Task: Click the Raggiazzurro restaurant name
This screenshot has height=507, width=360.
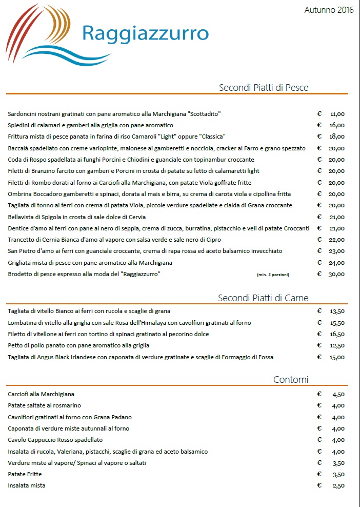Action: (x=145, y=33)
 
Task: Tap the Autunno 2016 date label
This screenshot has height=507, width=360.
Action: (x=329, y=10)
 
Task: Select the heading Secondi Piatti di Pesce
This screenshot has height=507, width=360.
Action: (x=264, y=88)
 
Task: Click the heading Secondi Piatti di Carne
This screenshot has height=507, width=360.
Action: (x=263, y=298)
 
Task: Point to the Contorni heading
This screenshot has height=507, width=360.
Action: (x=291, y=380)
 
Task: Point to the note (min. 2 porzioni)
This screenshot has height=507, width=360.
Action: (x=273, y=275)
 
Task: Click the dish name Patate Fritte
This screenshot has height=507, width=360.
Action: (x=25, y=474)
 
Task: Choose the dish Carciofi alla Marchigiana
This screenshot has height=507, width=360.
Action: (x=42, y=394)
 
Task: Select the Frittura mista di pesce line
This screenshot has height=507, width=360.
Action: (x=117, y=136)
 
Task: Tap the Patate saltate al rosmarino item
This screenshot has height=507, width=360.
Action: (x=45, y=405)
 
